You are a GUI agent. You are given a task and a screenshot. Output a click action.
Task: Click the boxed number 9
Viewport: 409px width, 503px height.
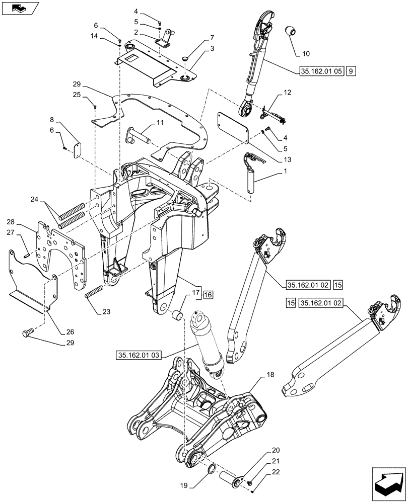click(351, 71)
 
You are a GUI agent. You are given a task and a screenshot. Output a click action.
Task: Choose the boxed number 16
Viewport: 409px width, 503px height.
click(209, 295)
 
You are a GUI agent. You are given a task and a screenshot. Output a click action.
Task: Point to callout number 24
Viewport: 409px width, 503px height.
click(34, 199)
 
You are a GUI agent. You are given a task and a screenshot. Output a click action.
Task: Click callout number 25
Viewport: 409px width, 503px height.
click(76, 94)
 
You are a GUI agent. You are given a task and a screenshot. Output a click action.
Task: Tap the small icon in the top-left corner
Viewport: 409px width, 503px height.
click(20, 8)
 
